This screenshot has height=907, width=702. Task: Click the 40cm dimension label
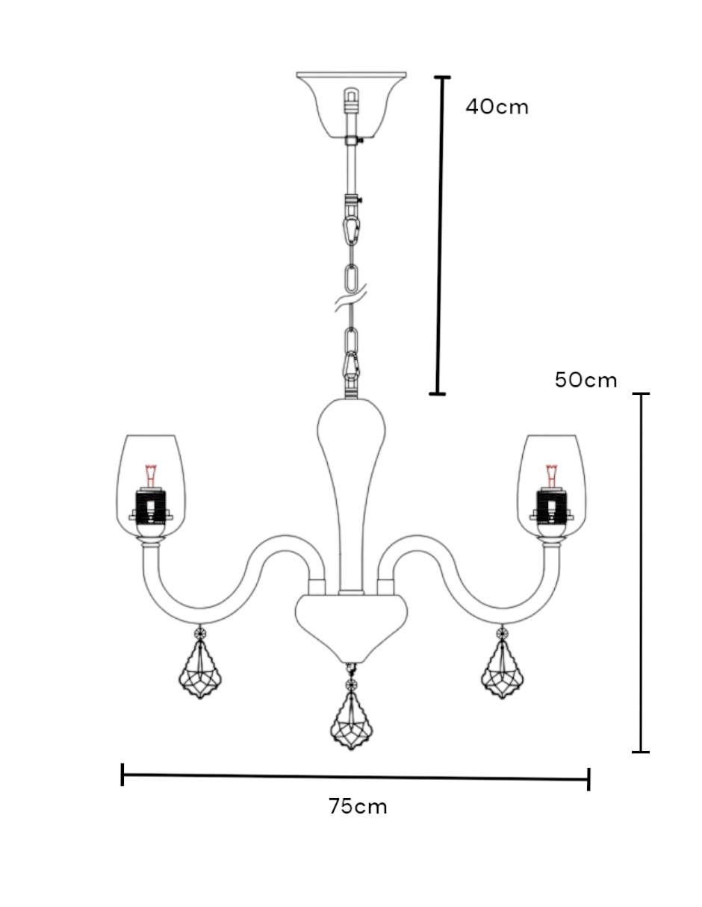pyautogui.click(x=497, y=107)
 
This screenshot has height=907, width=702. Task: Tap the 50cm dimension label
pyautogui.click(x=585, y=380)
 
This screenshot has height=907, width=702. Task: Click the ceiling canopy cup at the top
pyautogui.click(x=351, y=105)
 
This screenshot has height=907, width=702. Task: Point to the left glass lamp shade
pyautogui.click(x=151, y=487)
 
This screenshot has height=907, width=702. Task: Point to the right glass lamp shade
pyautogui.click(x=551, y=487)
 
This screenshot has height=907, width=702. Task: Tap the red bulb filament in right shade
pyautogui.click(x=552, y=475)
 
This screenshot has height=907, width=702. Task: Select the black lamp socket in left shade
pyautogui.click(x=151, y=506)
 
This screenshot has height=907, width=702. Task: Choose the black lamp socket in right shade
pyautogui.click(x=552, y=506)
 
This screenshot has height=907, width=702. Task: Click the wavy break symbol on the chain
pyautogui.click(x=350, y=302)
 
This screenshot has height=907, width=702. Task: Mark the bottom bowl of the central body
pyautogui.click(x=351, y=627)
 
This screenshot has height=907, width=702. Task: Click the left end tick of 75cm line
pyautogui.click(x=122, y=775)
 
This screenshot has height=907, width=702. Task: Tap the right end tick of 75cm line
pyautogui.click(x=588, y=779)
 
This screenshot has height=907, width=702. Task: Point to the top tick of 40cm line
pyautogui.click(x=442, y=77)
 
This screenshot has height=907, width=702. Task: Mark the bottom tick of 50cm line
pyautogui.click(x=641, y=752)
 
